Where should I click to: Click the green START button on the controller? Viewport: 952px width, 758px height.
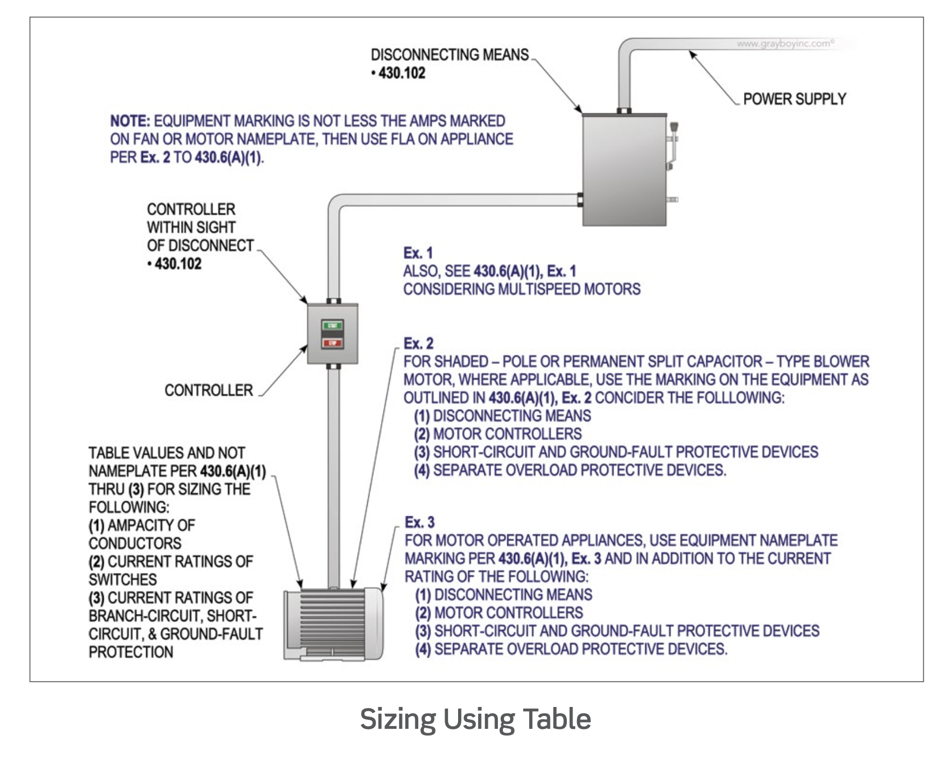[332, 326]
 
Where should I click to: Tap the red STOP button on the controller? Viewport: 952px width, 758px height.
[332, 343]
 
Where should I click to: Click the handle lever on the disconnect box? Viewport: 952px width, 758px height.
[673, 143]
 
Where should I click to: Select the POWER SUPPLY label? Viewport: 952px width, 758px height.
[794, 99]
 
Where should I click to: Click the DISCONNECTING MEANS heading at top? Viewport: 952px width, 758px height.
[450, 55]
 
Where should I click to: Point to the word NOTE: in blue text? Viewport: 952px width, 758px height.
[130, 121]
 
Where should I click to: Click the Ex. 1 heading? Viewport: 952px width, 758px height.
[418, 253]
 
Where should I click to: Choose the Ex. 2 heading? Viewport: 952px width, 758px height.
[418, 343]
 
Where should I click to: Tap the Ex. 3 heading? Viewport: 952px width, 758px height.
[419, 523]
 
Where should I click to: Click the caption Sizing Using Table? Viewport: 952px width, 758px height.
[475, 719]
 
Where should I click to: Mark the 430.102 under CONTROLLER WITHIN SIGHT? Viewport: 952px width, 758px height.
[178, 264]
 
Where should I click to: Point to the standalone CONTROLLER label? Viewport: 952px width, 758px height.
[209, 390]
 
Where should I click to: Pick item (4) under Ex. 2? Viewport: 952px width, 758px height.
[570, 470]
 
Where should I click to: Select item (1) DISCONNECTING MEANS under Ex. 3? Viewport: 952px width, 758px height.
[503, 594]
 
